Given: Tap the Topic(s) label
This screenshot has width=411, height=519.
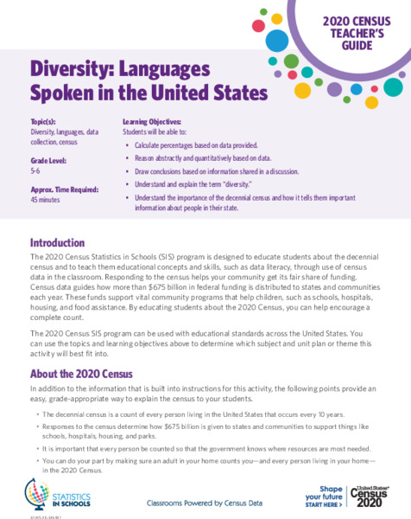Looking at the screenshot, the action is pos(46,123).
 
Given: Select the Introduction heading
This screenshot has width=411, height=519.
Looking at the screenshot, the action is pos(57,243).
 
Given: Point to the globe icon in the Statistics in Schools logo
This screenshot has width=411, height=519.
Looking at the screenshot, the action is pos(37,493).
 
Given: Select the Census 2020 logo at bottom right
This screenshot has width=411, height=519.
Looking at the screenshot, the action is pos(374,497).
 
